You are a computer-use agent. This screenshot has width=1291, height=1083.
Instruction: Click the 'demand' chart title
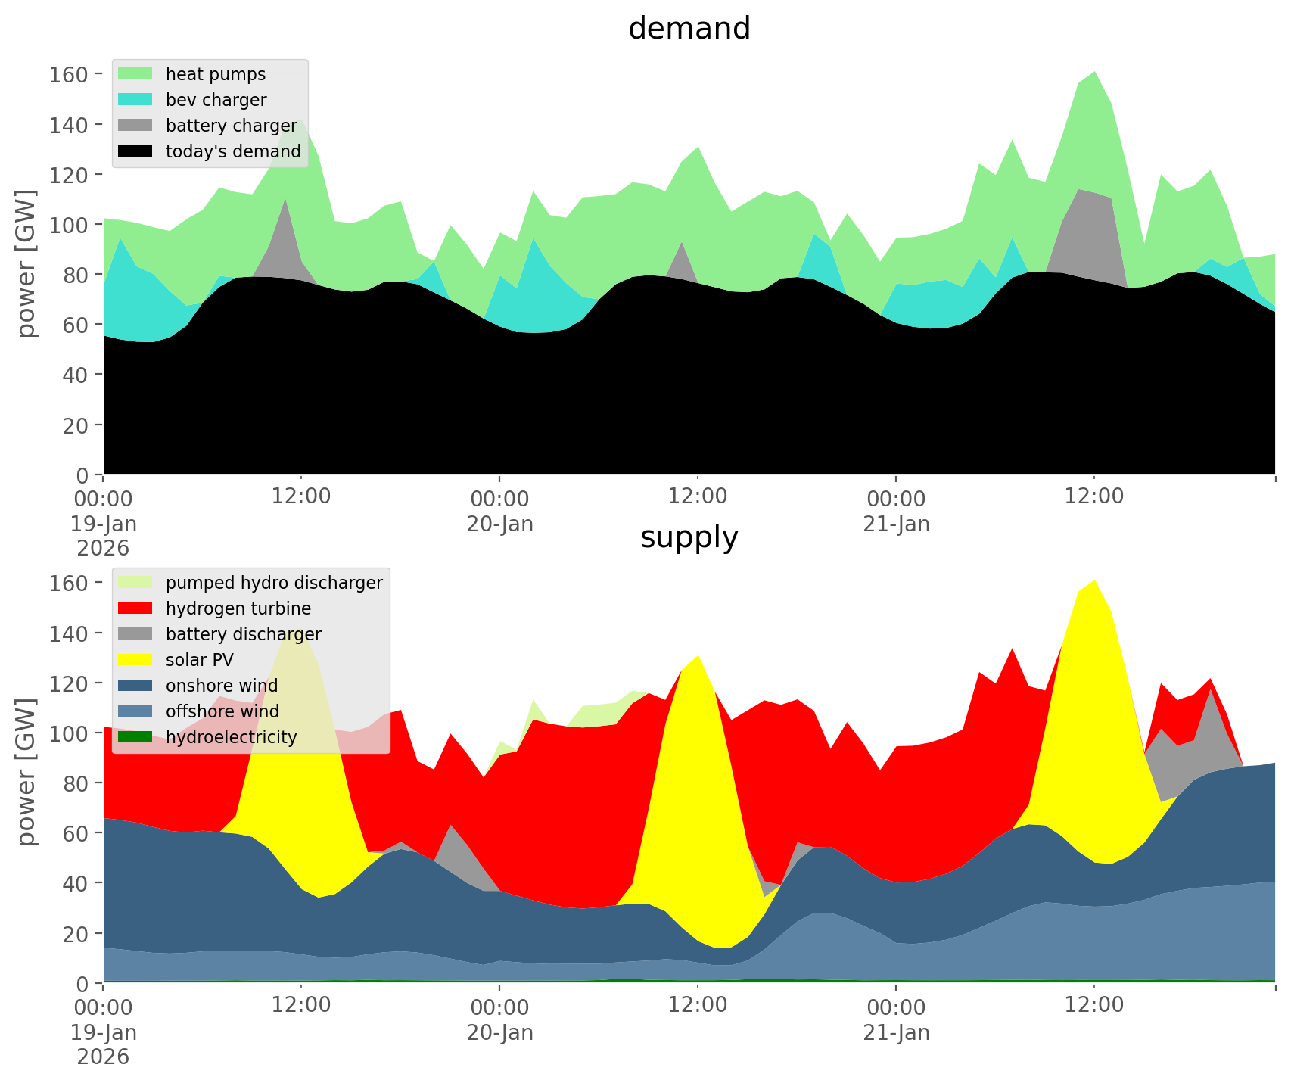(x=689, y=29)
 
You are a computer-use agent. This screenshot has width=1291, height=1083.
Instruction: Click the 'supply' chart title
(x=689, y=537)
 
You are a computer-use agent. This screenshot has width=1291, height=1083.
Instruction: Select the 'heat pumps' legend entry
(x=216, y=74)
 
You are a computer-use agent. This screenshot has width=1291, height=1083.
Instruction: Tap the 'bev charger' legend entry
(x=216, y=100)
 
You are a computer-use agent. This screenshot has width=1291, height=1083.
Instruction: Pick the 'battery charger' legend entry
(x=231, y=126)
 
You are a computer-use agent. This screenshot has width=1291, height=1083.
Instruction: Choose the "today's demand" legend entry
(x=233, y=151)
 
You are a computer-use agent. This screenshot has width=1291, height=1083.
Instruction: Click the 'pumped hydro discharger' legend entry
(x=274, y=583)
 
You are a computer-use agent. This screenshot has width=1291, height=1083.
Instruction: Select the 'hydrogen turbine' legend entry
(x=238, y=608)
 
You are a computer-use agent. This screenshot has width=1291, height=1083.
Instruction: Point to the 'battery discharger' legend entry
(x=244, y=634)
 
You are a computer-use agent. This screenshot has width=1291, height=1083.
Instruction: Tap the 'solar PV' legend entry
(x=200, y=660)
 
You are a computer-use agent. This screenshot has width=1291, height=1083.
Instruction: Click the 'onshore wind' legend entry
(x=222, y=686)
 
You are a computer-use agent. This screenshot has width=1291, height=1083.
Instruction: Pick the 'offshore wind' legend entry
(x=222, y=711)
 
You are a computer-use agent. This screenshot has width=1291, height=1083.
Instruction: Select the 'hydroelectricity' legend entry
(x=231, y=737)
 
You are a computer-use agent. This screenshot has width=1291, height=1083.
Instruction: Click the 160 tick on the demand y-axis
(x=70, y=74)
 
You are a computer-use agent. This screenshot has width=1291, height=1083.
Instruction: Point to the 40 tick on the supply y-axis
(x=76, y=883)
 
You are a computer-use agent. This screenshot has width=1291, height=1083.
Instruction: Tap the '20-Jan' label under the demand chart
(x=499, y=524)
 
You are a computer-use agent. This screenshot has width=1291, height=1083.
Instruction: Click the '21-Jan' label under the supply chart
(x=896, y=1032)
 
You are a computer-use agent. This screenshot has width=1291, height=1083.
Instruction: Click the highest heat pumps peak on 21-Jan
(x=1094, y=73)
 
